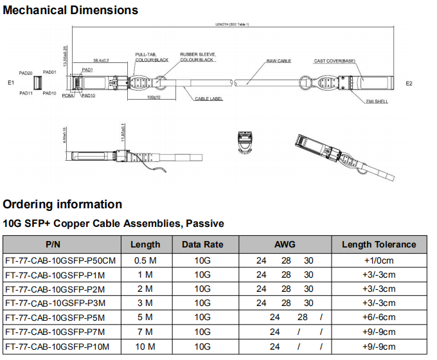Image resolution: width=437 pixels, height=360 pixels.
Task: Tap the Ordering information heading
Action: [62, 204]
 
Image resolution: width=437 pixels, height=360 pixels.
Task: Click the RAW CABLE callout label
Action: [279, 61]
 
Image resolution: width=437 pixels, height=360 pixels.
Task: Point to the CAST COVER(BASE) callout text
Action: [334, 61]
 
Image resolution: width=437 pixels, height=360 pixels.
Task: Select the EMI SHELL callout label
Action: [377, 102]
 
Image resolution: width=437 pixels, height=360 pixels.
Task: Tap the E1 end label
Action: [11, 84]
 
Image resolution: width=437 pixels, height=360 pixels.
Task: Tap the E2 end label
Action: [409, 84]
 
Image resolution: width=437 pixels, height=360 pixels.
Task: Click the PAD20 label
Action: [26, 73]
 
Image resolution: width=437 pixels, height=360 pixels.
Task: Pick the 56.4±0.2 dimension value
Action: [101, 60]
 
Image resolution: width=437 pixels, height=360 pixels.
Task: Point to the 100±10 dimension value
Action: [153, 97]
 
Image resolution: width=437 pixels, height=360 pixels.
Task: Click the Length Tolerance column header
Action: [379, 244]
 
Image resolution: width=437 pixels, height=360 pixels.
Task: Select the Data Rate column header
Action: [202, 244]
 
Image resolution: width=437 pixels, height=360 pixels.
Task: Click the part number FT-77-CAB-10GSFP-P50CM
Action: [60, 260]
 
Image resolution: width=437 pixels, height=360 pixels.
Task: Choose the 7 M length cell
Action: [145, 332]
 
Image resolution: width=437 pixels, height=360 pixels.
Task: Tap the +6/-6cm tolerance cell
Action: [379, 318]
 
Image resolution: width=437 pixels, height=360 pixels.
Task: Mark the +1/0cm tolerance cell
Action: [379, 260]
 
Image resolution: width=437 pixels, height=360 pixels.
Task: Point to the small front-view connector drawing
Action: [244, 143]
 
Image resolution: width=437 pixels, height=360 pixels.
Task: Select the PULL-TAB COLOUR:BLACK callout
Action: [152, 57]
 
